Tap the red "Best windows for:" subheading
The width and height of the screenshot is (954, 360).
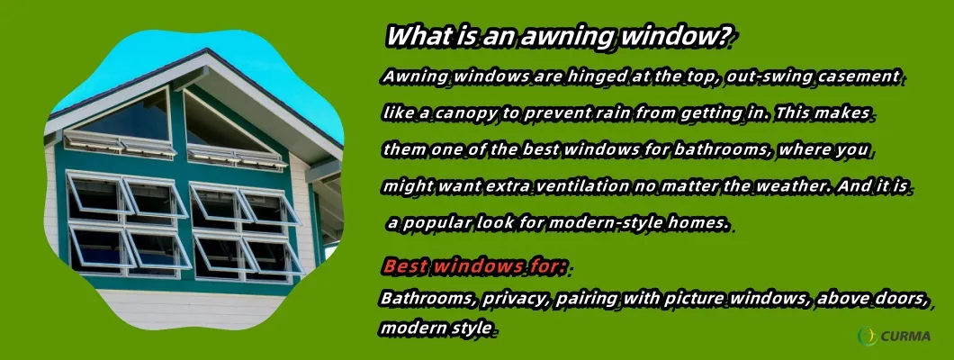[474, 266]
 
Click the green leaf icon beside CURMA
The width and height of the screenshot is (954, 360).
[868, 336]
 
